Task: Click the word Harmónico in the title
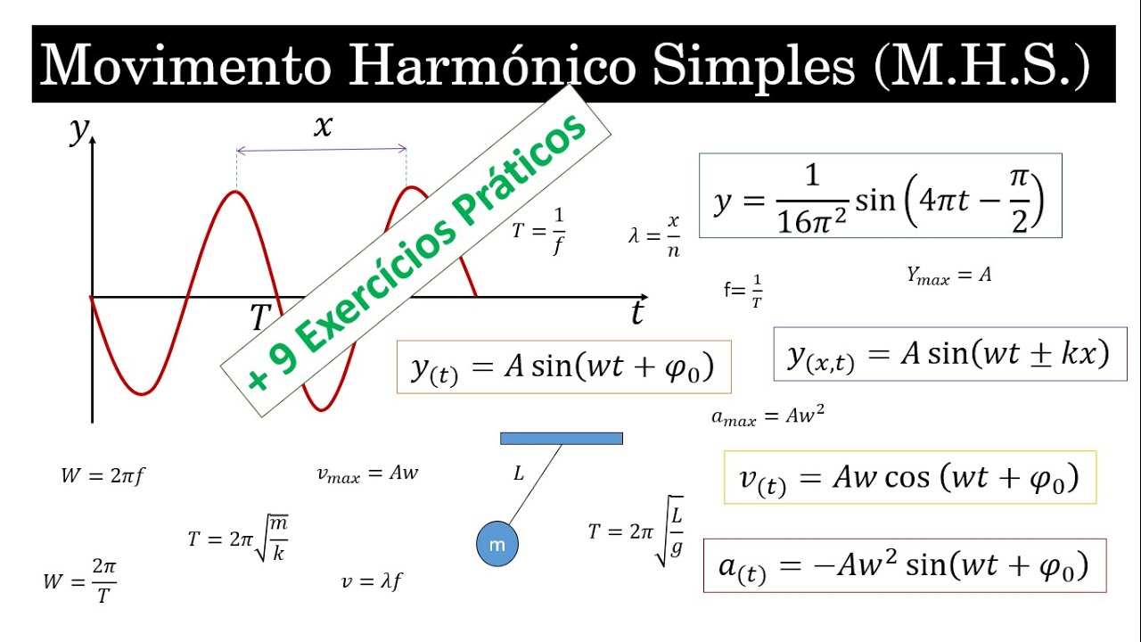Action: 492,64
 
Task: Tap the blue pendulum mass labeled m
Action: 497,545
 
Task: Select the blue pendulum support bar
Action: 562,438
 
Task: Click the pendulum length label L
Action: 519,473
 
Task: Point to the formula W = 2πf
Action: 103,476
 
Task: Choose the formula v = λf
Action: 372,582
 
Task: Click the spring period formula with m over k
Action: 238,539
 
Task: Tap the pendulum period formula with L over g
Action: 636,531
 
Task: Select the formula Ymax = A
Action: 948,276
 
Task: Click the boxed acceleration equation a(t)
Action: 904,566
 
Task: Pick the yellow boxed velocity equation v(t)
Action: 909,478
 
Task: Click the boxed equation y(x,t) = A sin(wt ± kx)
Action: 949,354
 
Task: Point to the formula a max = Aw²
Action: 768,416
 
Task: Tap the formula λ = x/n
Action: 655,236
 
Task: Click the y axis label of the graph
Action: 79,130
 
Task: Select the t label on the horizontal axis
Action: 636,313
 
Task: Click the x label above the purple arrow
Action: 323,127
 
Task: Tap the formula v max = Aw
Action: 367,473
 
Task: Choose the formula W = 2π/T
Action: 79,581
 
